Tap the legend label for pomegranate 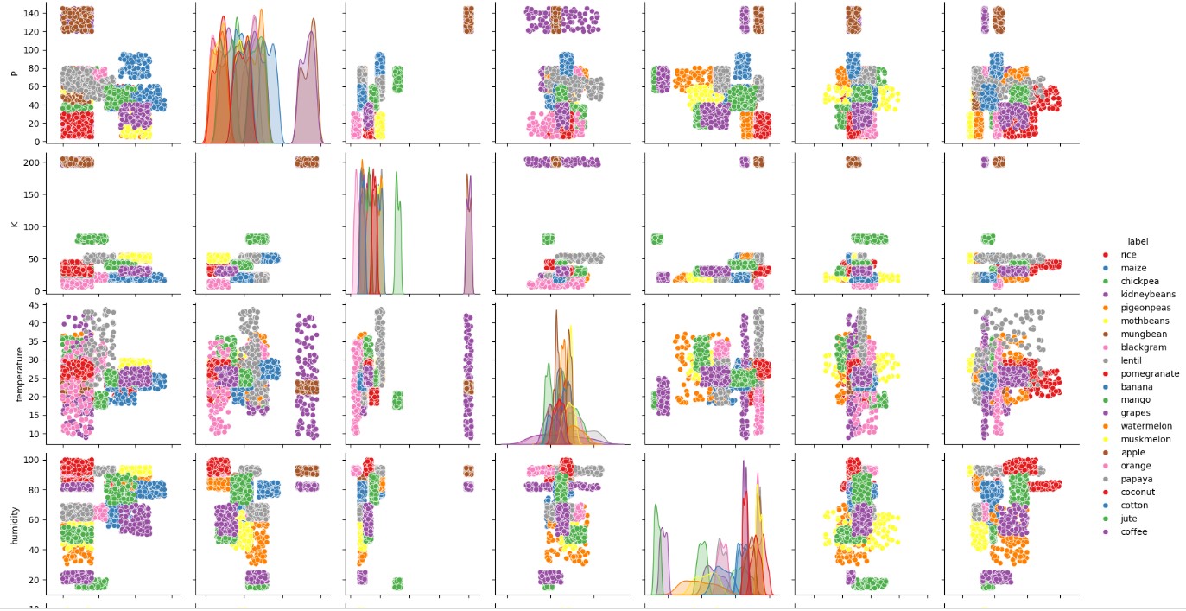tap(1144, 374)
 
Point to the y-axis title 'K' tap(13, 224)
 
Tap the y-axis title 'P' tap(13, 73)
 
